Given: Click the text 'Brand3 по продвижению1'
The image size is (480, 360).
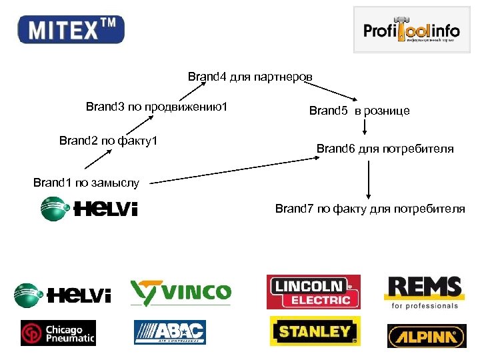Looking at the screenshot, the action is [x=157, y=107].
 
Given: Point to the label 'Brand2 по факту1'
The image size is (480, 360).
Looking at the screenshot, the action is [x=108, y=141].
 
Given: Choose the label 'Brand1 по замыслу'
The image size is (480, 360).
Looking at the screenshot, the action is [x=86, y=181].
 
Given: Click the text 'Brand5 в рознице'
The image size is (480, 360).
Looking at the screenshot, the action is [x=359, y=111].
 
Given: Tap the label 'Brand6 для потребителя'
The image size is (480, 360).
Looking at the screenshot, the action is [x=385, y=149].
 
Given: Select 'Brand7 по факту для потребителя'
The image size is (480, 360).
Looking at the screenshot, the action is [x=370, y=209].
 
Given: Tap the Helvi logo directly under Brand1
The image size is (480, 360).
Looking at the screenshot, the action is [x=89, y=209].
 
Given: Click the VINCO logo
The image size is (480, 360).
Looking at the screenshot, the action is [x=181, y=293].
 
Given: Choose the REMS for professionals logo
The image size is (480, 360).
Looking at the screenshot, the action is [x=423, y=293].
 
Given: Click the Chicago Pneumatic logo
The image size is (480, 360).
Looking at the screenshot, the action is [x=58, y=333].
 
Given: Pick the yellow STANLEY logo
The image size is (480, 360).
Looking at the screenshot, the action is [x=315, y=331].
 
